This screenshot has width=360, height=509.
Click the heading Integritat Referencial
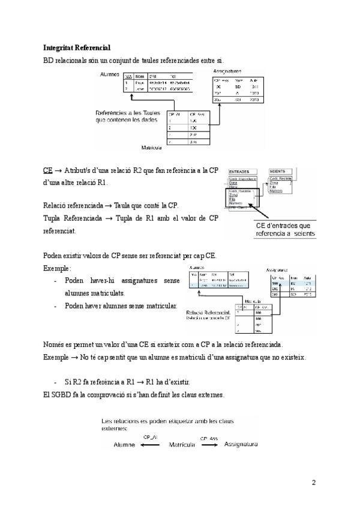pos(77,47)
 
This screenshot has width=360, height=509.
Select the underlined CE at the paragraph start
pos(48,170)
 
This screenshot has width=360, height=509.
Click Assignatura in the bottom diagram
pos(241,445)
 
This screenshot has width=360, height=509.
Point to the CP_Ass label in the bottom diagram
pos(209,438)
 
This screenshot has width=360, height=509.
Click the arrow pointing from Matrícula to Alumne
pos(151,445)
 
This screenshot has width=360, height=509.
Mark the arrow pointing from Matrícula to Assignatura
pos(209,445)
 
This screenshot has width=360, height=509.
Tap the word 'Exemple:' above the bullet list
pos(58,268)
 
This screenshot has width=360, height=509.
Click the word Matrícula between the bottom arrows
pos(181,445)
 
